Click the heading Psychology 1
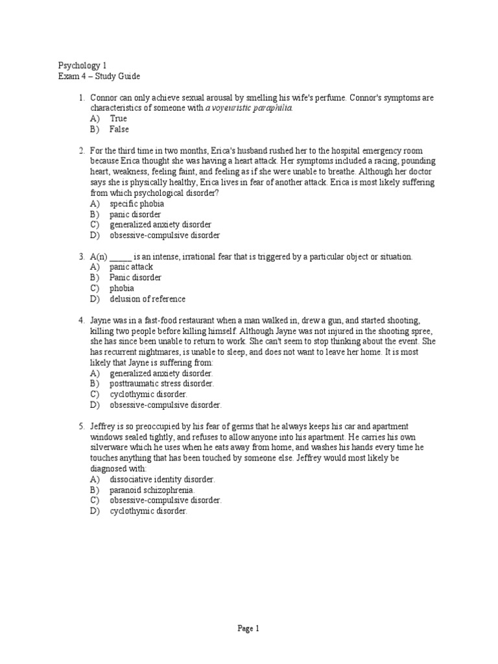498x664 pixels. tap(83, 65)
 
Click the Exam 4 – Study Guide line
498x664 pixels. tap(99, 76)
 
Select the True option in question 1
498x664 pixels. tap(118, 119)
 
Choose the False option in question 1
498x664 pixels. tap(119, 129)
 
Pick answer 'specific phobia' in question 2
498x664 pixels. tap(137, 204)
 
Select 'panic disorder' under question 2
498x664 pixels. tap(136, 214)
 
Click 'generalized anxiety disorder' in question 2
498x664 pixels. tap(161, 225)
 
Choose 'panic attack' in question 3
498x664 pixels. tap(132, 267)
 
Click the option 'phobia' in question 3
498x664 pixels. tap(122, 288)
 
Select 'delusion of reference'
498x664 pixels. tap(147, 299)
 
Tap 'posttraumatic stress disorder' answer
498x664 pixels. tap(161, 384)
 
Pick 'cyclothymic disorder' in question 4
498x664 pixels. tap(148, 394)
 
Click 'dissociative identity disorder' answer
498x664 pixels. tap(162, 479)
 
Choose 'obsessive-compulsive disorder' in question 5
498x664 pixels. tap(165, 501)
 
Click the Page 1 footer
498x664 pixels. tap(248, 628)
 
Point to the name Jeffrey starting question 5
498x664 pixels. tap(104, 426)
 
